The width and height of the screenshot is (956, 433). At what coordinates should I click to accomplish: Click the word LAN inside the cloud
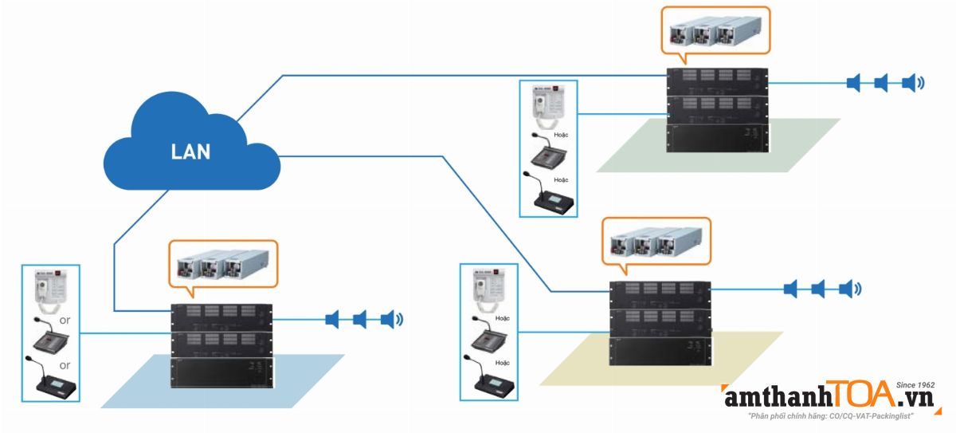coord(191,152)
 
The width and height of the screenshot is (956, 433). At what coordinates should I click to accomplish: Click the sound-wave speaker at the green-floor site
coord(911,82)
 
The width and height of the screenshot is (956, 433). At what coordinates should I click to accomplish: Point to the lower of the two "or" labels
coord(65,364)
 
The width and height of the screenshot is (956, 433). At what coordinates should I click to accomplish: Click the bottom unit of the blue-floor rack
coord(222,374)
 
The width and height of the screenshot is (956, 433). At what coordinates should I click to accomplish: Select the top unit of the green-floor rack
coord(717,80)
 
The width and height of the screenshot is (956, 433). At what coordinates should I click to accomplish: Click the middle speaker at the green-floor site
coord(881,82)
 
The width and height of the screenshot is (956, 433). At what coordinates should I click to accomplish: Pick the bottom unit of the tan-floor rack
coord(659,354)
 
